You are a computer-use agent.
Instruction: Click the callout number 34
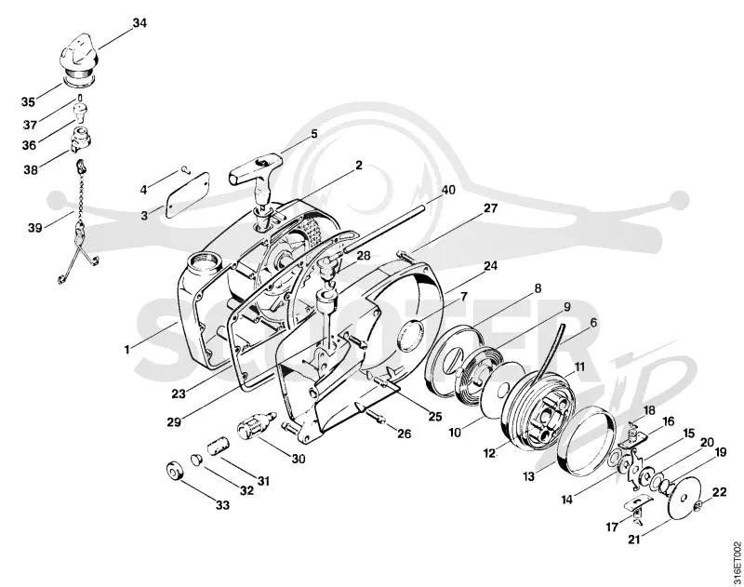[139, 22]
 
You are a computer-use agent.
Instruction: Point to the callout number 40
[448, 190]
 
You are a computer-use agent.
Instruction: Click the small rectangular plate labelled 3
[189, 195]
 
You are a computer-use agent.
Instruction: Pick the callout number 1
[126, 350]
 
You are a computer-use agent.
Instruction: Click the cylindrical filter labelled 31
[218, 447]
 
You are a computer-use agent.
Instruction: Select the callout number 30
[299, 459]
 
